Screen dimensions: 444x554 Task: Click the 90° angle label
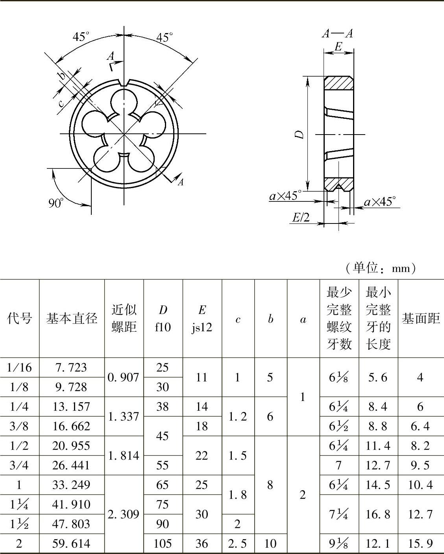[x=55, y=203]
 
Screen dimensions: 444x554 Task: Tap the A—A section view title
[x=337, y=33]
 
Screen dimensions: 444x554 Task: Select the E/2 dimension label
[x=301, y=218]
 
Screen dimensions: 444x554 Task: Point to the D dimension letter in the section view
[x=299, y=134]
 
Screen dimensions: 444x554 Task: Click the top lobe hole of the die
[x=124, y=101]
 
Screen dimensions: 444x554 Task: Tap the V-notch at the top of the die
[x=124, y=83]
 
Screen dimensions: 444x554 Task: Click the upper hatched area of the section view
[x=339, y=83]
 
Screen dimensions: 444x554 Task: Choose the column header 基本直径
[x=72, y=318]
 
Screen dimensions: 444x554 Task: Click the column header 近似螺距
[x=124, y=318]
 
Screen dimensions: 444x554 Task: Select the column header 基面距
[x=421, y=318]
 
